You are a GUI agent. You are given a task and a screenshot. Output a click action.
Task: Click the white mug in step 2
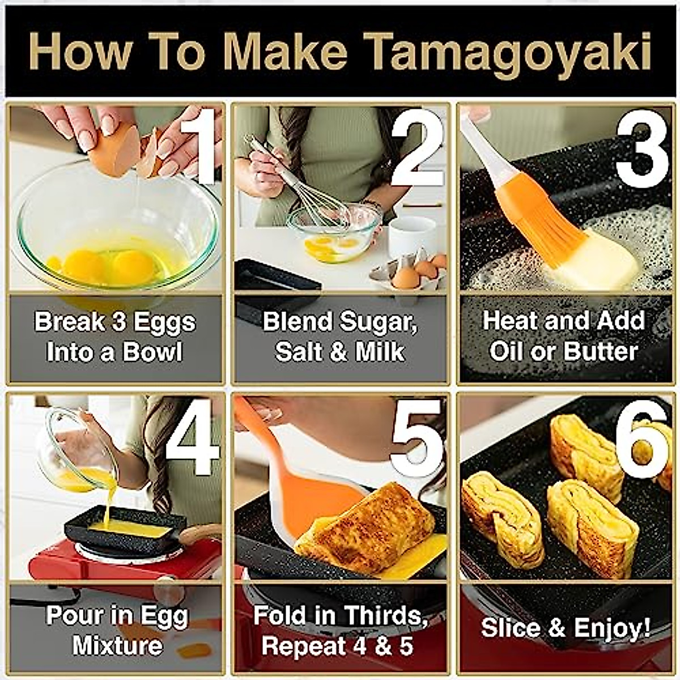pos(411,235)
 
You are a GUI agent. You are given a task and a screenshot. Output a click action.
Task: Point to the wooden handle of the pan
pos(201,532)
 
